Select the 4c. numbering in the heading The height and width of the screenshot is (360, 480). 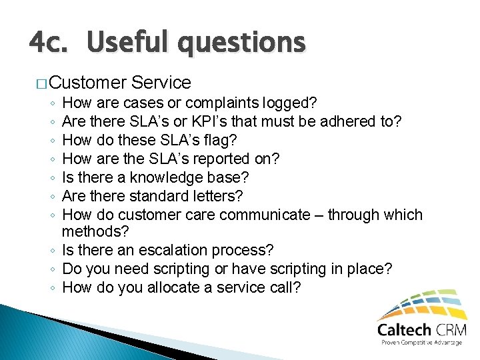(51, 43)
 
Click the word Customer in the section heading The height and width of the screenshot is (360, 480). (87, 83)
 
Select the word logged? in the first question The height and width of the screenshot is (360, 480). (290, 103)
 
